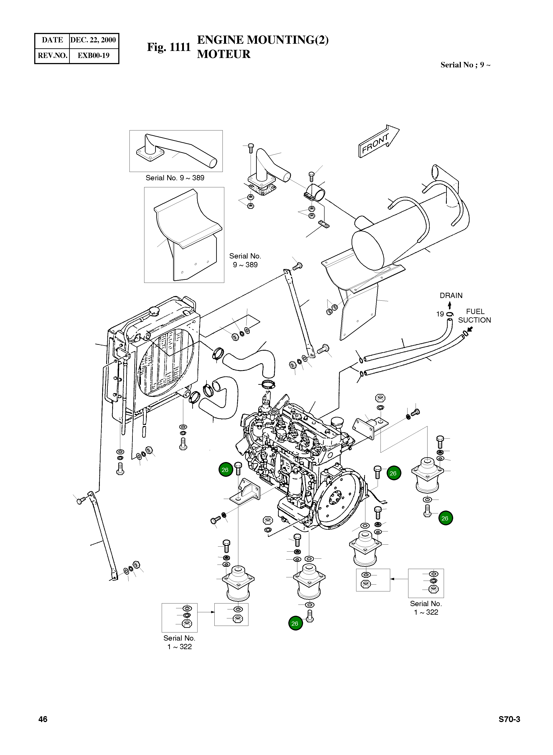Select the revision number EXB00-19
click(93, 55)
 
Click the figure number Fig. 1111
click(169, 47)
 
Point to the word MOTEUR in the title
click(224, 54)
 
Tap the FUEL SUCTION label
click(474, 316)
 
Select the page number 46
click(43, 719)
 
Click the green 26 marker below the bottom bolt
click(295, 623)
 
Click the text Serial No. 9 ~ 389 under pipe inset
click(175, 178)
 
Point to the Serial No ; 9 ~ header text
click(465, 65)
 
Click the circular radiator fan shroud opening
click(166, 358)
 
